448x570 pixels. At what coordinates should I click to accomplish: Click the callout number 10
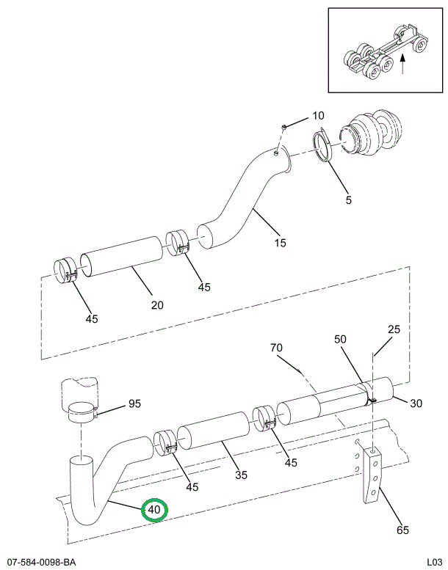(317, 115)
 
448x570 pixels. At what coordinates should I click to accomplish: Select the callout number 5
(349, 199)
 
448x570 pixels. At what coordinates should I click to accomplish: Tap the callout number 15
(280, 243)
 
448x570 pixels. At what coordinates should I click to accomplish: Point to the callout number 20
(157, 304)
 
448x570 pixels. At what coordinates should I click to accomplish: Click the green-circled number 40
(155, 510)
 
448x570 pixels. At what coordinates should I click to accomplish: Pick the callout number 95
(134, 403)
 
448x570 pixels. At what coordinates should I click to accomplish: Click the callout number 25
(394, 329)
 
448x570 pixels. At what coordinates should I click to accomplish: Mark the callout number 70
(276, 347)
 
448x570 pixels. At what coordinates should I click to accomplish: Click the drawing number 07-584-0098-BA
(40, 562)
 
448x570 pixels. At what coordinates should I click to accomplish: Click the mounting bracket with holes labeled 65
(372, 478)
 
